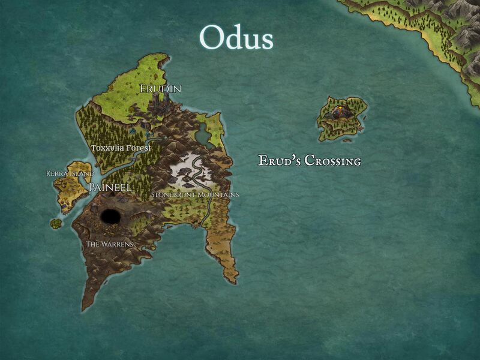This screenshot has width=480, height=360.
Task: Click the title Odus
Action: tap(236, 38)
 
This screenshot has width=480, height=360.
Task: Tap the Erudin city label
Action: tap(160, 89)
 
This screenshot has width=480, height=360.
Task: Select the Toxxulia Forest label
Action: tap(121, 148)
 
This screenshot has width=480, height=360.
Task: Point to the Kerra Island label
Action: tap(70, 173)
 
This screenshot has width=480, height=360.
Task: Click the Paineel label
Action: tap(110, 187)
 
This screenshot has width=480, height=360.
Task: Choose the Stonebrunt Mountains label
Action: tap(195, 194)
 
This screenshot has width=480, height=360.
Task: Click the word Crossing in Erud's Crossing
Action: tap(332, 161)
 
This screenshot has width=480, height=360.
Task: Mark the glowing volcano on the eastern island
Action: tap(340, 109)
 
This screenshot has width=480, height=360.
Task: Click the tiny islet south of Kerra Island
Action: tap(56, 223)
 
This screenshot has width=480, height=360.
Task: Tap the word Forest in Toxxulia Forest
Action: tap(139, 148)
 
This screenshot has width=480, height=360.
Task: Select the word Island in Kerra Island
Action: tap(82, 173)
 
